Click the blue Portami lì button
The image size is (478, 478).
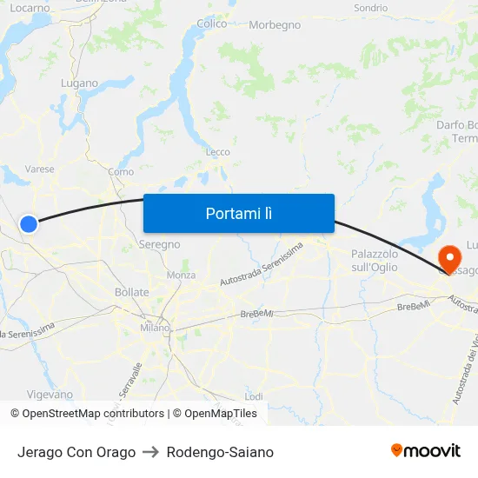pos(239,213)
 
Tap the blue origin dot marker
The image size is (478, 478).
pos(29,224)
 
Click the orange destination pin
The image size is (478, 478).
pos(449,258)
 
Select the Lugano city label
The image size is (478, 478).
pos(79,83)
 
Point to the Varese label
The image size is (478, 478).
pos(40,169)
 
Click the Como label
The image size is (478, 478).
pos(121,172)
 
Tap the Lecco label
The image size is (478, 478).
pos(217,152)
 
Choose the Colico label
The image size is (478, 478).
pos(212,24)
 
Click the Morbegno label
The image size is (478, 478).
pos(275,24)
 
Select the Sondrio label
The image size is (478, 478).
pos(371,8)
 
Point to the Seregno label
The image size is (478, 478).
pos(160,244)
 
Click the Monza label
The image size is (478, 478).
pos(181,275)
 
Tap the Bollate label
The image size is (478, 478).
pos(132,292)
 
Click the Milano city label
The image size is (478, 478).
pos(156,328)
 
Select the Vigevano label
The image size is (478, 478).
pos(50,394)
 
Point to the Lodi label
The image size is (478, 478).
pos(254,395)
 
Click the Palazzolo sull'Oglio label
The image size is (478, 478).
pos(375,260)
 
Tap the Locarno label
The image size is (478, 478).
pos(30,8)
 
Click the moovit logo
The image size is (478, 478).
pos(426,451)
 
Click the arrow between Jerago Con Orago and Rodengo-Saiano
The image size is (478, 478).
pos(151,452)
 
